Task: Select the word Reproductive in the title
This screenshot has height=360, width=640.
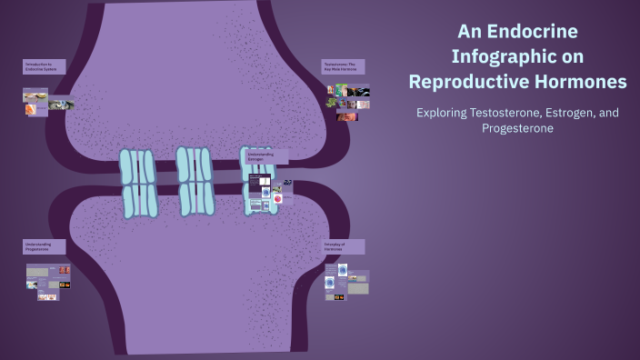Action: [x=473, y=82]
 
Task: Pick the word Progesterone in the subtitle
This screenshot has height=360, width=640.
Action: [x=517, y=128]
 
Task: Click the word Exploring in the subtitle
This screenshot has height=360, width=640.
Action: [x=441, y=113]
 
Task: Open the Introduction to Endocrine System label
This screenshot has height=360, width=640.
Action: [x=44, y=66]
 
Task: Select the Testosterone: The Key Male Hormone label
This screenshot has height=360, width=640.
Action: [x=343, y=66]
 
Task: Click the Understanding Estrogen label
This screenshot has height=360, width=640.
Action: [x=267, y=156]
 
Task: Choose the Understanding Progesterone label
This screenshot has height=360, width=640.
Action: [x=45, y=246]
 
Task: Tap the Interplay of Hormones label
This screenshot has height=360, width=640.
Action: [x=344, y=246]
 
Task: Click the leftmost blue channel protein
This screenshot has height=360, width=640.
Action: [x=139, y=184]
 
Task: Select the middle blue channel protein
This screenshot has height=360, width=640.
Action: [x=195, y=182]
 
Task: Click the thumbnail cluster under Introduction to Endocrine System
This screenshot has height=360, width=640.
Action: [x=47, y=101]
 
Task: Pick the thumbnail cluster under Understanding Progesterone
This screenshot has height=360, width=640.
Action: [x=48, y=282]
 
